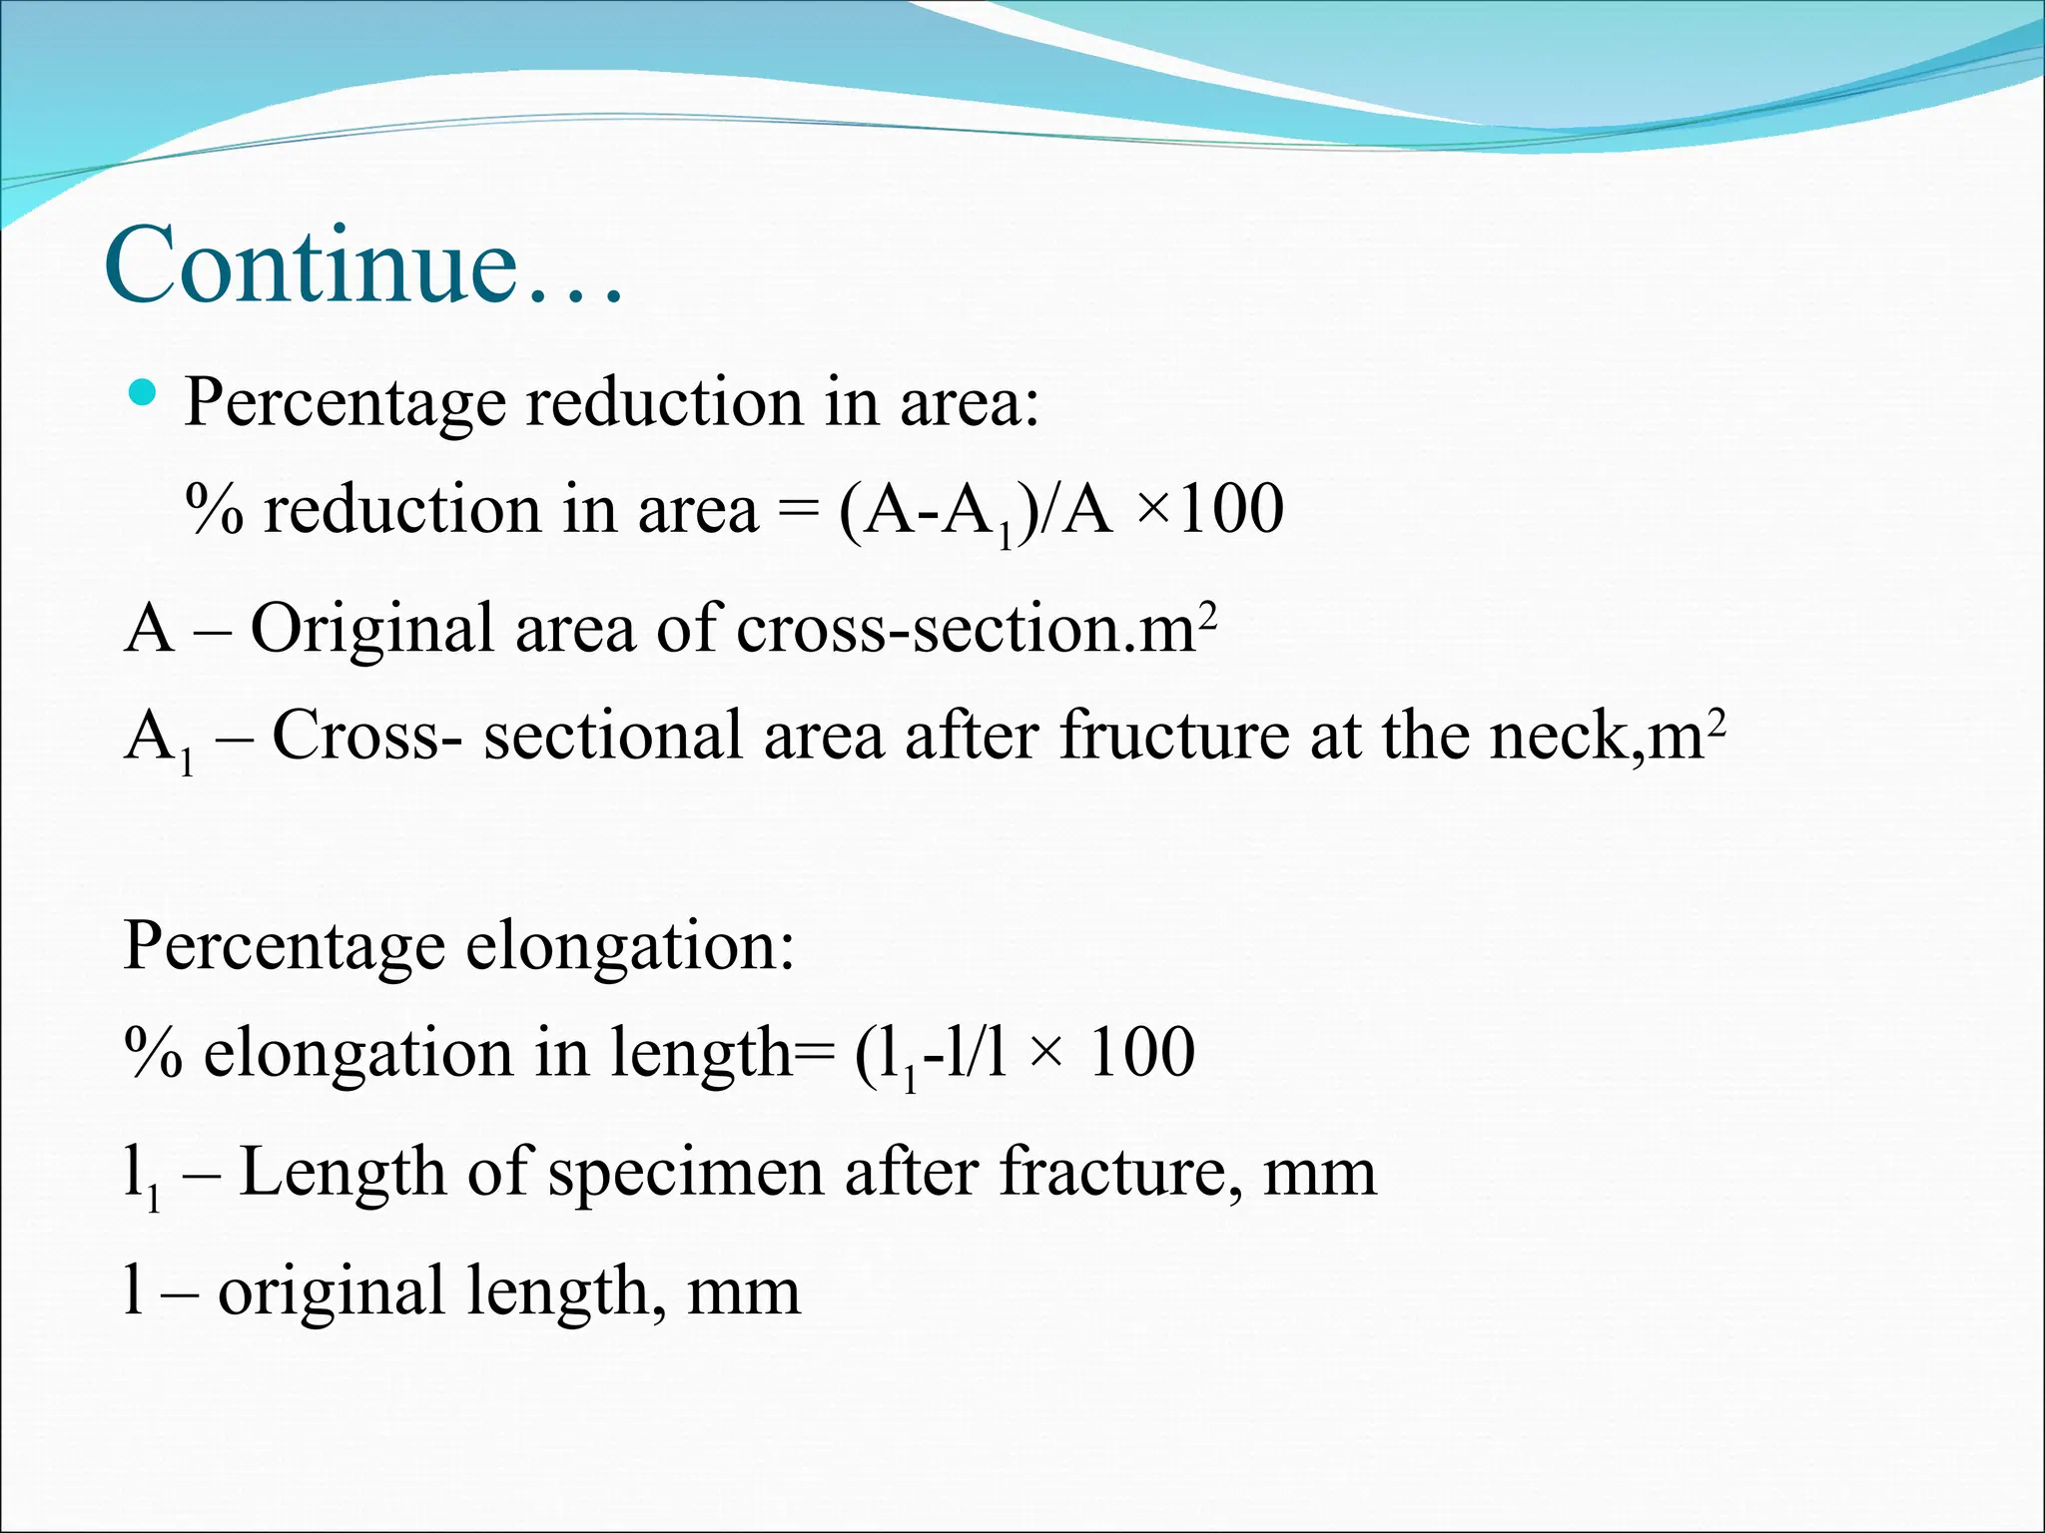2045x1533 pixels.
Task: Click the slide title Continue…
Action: [364, 264]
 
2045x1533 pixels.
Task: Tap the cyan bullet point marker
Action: [144, 392]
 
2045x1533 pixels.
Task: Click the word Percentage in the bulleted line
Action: [344, 404]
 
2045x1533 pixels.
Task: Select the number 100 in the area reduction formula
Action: [1230, 510]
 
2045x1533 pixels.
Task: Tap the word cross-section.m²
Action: [976, 629]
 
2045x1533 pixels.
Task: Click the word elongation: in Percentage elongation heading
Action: [630, 945]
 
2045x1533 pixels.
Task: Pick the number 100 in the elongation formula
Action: [1141, 1053]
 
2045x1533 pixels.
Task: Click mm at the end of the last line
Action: [744, 1291]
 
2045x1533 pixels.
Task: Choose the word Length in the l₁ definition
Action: [341, 1173]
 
